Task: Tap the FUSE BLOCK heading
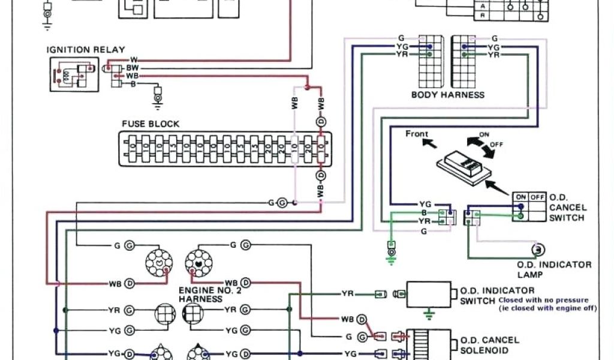pyautogui.click(x=151, y=124)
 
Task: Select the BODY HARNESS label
pyautogui.click(x=447, y=95)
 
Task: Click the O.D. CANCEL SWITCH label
pyautogui.click(x=567, y=208)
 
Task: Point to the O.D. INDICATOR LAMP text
pyautogui.click(x=554, y=269)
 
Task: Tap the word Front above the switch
pyautogui.click(x=417, y=133)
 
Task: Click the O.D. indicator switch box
pyautogui.click(x=429, y=294)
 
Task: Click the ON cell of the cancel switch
pyautogui.click(x=520, y=197)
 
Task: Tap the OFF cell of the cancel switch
pyautogui.click(x=537, y=197)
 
